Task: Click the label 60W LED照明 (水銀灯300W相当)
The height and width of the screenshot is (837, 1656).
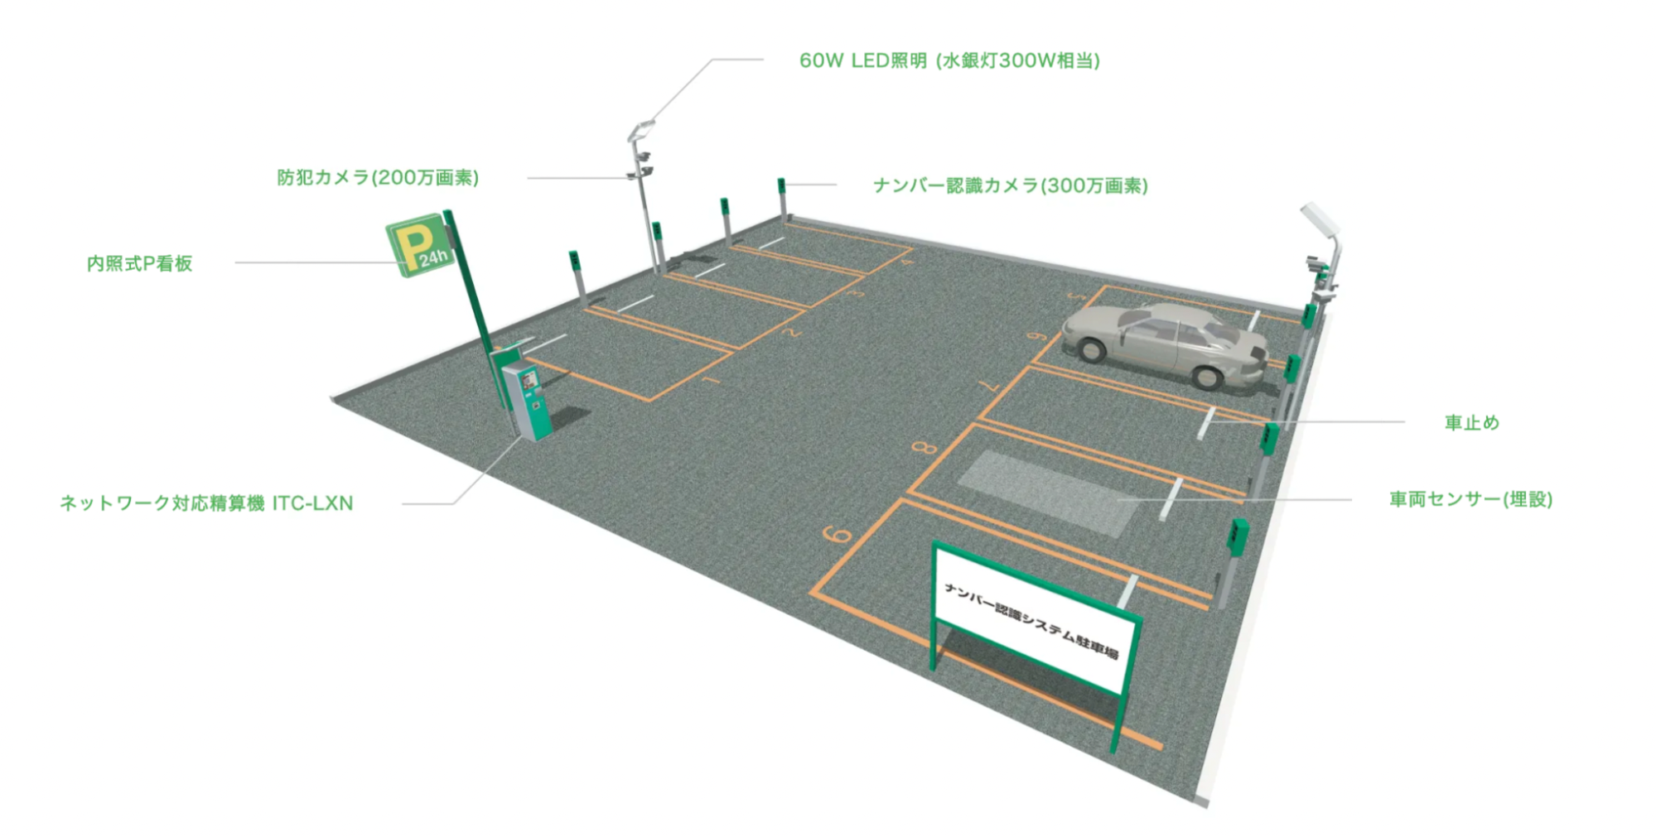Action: (x=949, y=61)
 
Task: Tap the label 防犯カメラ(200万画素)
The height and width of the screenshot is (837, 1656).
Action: (x=378, y=178)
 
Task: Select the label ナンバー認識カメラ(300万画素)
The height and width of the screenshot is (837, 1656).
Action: (x=1011, y=185)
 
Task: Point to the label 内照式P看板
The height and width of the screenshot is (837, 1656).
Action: (x=139, y=263)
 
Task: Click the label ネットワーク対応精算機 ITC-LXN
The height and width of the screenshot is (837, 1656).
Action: (x=206, y=503)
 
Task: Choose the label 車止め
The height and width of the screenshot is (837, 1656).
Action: (x=1471, y=423)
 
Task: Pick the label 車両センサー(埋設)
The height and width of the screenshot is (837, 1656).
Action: (x=1470, y=499)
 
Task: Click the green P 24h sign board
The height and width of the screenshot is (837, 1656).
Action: (x=419, y=246)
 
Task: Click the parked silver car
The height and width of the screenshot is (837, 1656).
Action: (x=1164, y=344)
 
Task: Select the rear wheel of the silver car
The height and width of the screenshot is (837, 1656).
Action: (x=1207, y=377)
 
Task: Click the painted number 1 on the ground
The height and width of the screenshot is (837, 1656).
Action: (x=712, y=380)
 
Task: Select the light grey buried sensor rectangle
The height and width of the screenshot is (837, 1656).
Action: (x=1048, y=493)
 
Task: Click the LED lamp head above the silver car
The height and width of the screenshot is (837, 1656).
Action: (x=1319, y=219)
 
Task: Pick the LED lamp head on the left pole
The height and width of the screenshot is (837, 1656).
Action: (x=641, y=129)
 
